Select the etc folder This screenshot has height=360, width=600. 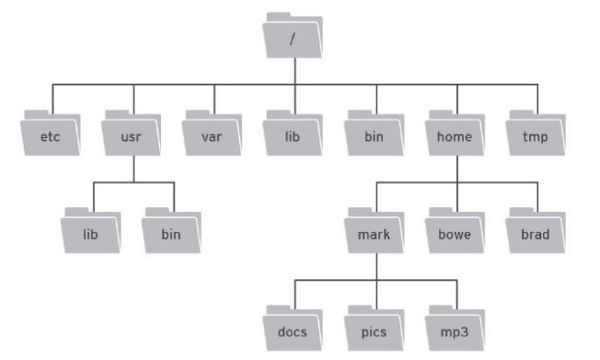51,134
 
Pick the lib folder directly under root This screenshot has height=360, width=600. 293,134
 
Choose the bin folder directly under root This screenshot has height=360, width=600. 375,134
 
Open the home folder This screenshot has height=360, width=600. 455,134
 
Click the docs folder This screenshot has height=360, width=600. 293,328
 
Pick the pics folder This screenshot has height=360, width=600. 375,328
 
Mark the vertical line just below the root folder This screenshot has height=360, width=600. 293,72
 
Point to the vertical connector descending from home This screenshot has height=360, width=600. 455,169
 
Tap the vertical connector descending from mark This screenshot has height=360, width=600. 375,265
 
